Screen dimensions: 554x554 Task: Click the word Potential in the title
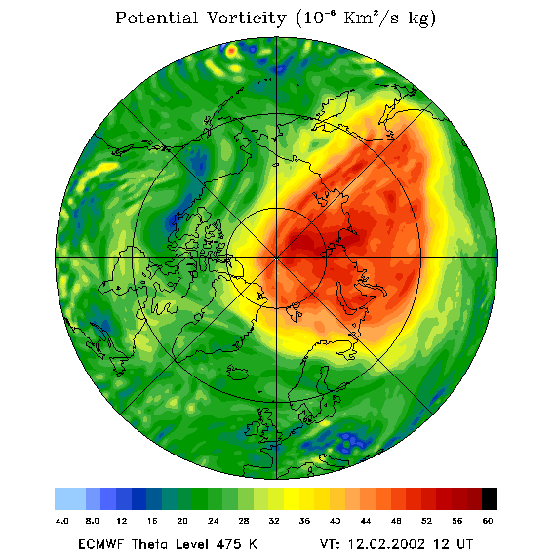[156, 18]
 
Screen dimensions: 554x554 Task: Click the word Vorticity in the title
[246, 18]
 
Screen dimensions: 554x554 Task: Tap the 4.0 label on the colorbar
[61, 521]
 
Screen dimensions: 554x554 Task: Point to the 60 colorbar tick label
[488, 521]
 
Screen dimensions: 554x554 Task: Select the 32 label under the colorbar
[274, 521]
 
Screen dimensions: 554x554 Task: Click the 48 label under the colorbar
[396, 521]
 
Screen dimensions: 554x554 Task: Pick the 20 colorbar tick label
[182, 521]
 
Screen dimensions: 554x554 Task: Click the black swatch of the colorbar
[490, 498]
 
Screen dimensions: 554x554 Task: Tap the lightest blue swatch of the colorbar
[70, 498]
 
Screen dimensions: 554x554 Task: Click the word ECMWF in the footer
[100, 544]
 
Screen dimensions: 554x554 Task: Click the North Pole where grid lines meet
[276, 258]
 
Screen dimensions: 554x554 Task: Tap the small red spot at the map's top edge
[231, 51]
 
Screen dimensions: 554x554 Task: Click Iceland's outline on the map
[237, 373]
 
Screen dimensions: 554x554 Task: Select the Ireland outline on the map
[253, 428]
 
